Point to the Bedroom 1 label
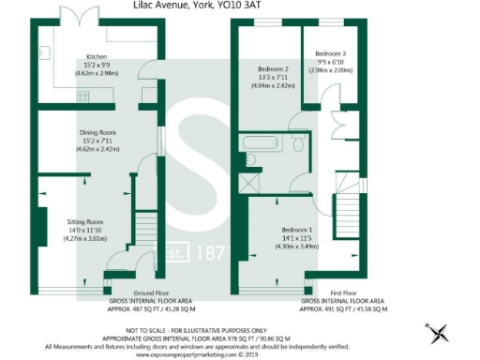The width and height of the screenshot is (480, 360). point(299,230)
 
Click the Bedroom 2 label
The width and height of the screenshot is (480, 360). point(272,69)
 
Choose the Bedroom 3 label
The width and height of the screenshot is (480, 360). point(330,53)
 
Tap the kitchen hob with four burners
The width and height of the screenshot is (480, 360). point(83,94)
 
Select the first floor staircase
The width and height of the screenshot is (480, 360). point(350,198)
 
